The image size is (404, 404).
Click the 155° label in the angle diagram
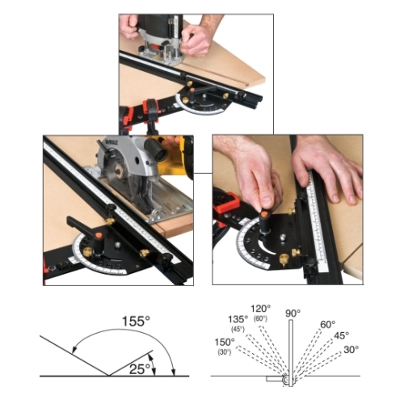click(x=136, y=321)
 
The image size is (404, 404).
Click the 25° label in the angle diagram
click(x=139, y=368)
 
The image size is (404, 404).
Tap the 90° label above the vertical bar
click(x=292, y=314)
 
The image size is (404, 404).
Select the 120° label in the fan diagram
click(x=260, y=308)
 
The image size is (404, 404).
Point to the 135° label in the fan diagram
click(x=238, y=319)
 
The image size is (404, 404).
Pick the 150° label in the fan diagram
click(x=225, y=342)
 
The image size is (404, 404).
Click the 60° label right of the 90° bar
click(x=328, y=325)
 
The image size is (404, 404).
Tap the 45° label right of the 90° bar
click(x=341, y=335)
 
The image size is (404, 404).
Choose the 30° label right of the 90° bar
click(x=351, y=350)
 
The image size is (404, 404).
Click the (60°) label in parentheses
click(x=260, y=318)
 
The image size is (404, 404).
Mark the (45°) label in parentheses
click(x=238, y=329)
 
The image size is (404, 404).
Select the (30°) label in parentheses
click(x=225, y=352)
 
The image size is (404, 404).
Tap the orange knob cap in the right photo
click(x=264, y=215)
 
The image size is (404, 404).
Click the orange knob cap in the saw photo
click(x=99, y=235)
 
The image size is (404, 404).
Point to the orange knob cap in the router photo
click(x=192, y=90)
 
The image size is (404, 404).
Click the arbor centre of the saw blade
click(x=119, y=171)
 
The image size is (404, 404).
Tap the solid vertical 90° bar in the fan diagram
click(x=291, y=353)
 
